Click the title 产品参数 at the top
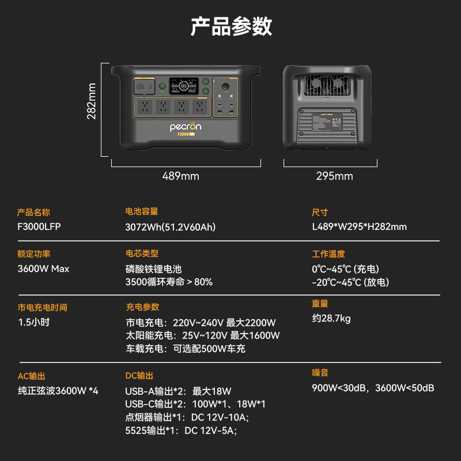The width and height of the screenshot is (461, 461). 231,27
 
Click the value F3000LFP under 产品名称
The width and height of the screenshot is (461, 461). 39,226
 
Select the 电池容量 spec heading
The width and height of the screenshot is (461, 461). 141,211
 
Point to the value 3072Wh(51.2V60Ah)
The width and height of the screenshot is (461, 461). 170,227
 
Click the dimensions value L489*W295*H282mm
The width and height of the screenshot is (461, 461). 359,226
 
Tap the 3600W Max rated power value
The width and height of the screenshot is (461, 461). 43,269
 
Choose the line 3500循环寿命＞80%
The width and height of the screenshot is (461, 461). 169,282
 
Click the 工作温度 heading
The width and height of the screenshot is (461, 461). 328,254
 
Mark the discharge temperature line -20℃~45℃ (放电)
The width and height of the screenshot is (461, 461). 350,282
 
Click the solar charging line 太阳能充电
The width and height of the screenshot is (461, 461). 202,335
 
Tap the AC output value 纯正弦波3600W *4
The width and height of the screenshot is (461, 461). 58,391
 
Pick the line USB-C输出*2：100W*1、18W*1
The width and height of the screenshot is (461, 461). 195,404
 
